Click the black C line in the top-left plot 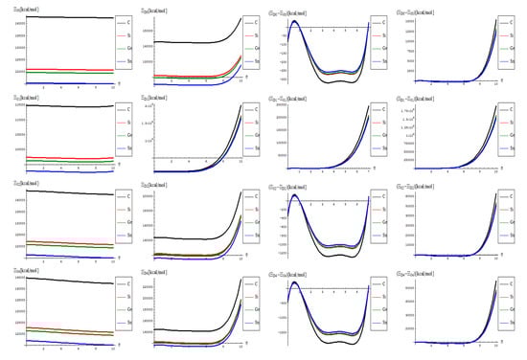point(57,17)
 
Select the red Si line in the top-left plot point(57,69)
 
